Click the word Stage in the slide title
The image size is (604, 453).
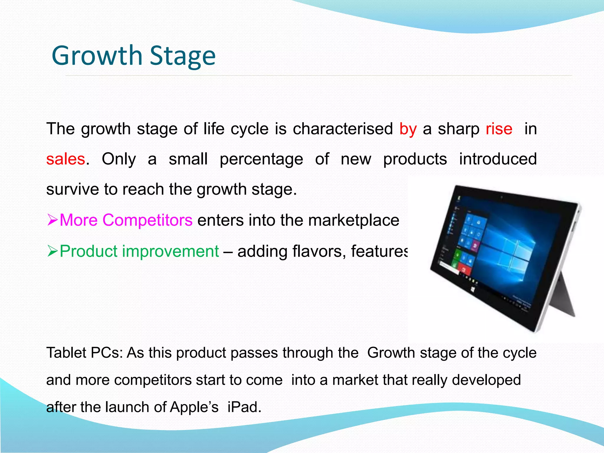pos(183,56)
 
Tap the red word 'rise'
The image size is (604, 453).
pos(499,129)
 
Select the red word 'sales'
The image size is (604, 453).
pos(66,159)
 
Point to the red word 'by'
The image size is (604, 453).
pos(408,129)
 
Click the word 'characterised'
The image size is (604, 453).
pos(343,129)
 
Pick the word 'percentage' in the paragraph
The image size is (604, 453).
pos(261,159)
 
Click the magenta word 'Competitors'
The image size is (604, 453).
pos(147,220)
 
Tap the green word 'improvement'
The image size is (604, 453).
pos(170,251)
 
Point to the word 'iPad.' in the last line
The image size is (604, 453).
pos(244,407)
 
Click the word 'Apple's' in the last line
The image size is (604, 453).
pos(194,407)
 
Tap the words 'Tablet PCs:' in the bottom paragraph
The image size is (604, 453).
pos(84,353)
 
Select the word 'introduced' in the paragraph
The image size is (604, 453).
pos(498,159)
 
